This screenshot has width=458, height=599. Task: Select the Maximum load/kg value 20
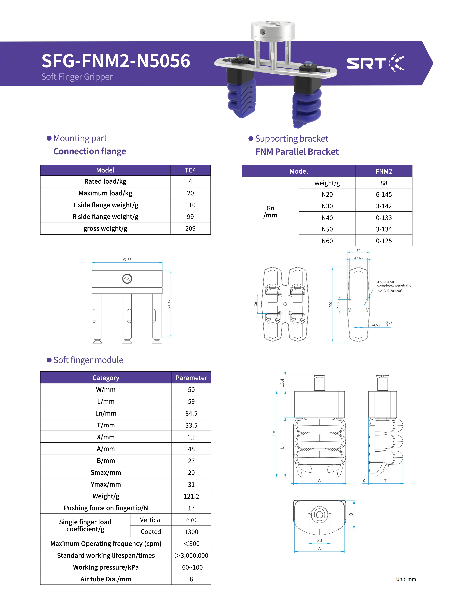pos(190,193)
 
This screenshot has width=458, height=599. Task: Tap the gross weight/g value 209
pos(190,229)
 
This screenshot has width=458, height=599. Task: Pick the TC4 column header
pos(190,170)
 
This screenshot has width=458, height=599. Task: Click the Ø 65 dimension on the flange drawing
pos(127,260)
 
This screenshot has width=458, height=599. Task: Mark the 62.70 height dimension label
pos(168,304)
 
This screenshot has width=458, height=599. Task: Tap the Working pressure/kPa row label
pos(106,567)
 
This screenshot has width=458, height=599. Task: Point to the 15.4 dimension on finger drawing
pos(282,383)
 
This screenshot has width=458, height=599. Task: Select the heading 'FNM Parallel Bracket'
pos(297,152)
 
